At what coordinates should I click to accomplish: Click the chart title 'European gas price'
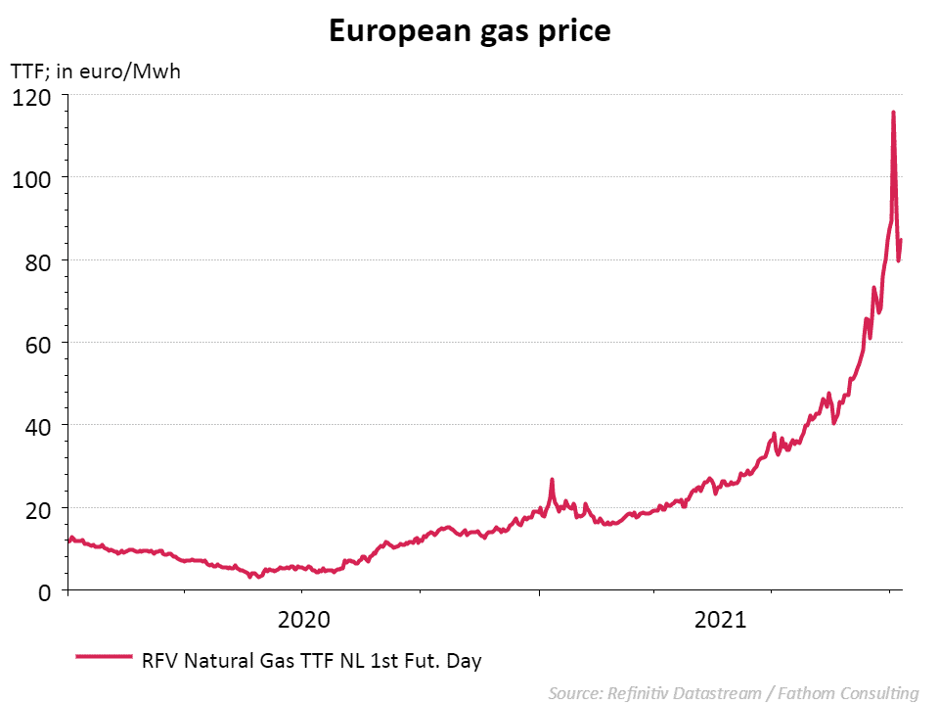469,31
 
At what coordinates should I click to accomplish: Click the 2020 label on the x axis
304,620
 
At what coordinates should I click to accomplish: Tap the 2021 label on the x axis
720,620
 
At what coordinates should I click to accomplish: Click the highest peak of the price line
893,113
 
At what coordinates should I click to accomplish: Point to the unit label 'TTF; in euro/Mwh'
95,71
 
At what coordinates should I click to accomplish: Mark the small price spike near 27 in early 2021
552,480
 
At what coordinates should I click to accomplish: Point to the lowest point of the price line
251,577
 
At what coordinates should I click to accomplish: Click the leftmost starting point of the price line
69,538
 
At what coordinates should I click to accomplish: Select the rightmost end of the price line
901,240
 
